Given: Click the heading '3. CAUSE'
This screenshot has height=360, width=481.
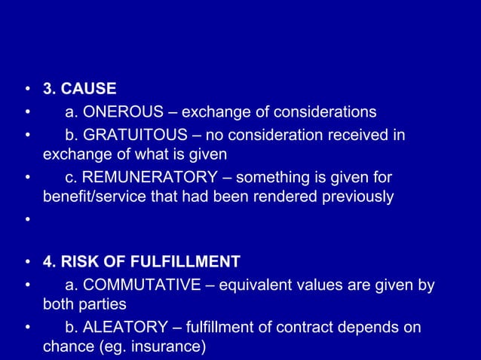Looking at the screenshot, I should pyautogui.click(x=79, y=90).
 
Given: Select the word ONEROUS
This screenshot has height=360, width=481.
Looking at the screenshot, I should pyautogui.click(x=124, y=112).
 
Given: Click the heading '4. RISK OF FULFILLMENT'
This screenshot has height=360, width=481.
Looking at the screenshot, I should pyautogui.click(x=142, y=263).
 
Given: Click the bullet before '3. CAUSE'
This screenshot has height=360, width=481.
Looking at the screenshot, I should pyautogui.click(x=27, y=90).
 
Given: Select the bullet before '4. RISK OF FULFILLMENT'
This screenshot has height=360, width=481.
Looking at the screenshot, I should pyautogui.click(x=27, y=263).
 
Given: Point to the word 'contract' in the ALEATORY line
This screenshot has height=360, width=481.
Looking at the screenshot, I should pyautogui.click(x=299, y=328).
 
